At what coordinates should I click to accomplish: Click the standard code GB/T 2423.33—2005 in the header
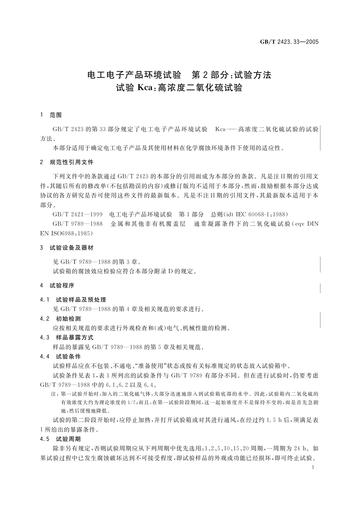(x=289, y=42)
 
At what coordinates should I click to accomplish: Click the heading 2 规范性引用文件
(x=67, y=162)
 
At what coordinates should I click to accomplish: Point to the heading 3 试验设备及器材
(x=67, y=248)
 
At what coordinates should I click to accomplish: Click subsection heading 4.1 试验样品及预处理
(x=73, y=300)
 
